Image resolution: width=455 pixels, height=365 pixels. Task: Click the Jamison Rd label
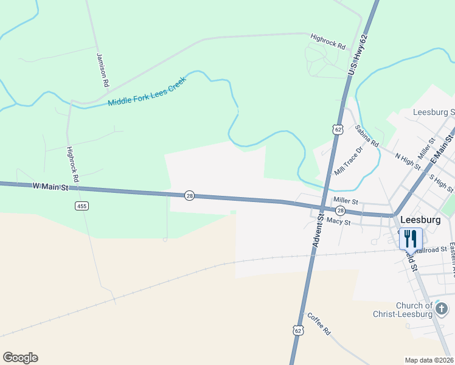point(102,68)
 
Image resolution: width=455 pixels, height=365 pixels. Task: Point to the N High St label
point(408,161)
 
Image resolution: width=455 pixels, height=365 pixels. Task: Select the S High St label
point(442,182)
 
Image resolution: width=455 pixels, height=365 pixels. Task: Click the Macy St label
point(339,222)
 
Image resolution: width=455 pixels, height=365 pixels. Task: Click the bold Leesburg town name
point(420,219)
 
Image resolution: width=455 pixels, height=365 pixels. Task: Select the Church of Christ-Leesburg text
point(405,310)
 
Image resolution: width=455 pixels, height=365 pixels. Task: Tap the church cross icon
point(442,308)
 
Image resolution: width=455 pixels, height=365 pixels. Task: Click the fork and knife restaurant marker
point(410,238)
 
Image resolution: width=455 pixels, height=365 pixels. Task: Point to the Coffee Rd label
point(318,324)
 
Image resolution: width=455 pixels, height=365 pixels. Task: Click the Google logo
point(20,358)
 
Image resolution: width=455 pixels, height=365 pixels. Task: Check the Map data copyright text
point(429,360)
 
